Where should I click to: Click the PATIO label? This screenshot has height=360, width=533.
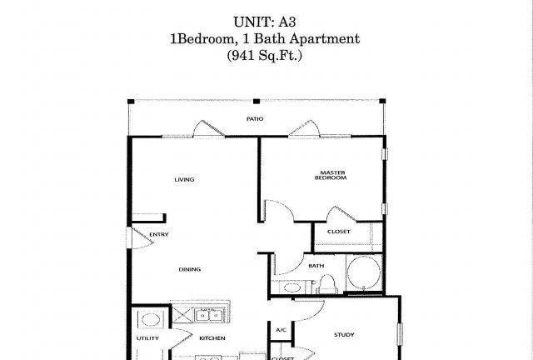click(x=255, y=119)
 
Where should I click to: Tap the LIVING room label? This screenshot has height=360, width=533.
click(x=184, y=179)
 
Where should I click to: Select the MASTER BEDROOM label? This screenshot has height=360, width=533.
click(x=331, y=175)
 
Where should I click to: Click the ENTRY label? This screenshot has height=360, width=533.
click(x=159, y=234)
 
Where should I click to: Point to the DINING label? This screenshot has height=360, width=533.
click(x=190, y=269)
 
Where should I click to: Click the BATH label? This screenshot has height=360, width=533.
click(x=316, y=266)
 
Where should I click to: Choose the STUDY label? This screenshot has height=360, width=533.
click(x=344, y=335)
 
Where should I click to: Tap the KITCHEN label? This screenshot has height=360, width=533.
click(x=212, y=338)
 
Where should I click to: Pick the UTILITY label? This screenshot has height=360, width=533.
click(x=147, y=338)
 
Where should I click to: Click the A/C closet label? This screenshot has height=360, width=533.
click(x=281, y=330)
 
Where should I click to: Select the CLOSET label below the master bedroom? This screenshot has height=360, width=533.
click(x=339, y=232)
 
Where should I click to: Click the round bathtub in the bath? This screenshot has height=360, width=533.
click(x=364, y=272)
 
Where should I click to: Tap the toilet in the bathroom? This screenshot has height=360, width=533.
click(x=327, y=284)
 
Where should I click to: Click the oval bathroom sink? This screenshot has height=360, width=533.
click(x=292, y=287)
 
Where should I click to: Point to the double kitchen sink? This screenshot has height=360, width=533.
click(x=208, y=315)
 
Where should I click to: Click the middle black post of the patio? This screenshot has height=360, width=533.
click(x=257, y=102)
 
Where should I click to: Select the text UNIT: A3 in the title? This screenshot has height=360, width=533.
click(x=265, y=22)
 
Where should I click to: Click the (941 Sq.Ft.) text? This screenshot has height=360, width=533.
click(x=265, y=55)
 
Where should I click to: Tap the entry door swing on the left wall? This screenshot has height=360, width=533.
click(x=142, y=238)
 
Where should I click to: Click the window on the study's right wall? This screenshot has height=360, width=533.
click(x=400, y=334)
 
